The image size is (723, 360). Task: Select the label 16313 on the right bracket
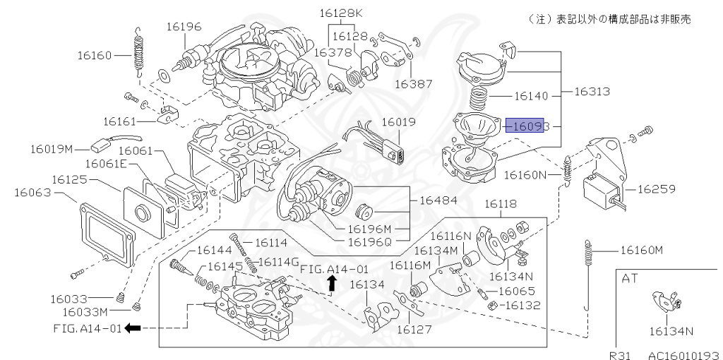click(x=592, y=92)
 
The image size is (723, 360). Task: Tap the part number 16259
click(x=657, y=189)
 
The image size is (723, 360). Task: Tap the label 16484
click(x=437, y=200)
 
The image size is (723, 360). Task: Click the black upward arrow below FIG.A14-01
click(x=332, y=284)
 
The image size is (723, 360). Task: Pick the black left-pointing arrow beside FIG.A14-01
click(x=133, y=328)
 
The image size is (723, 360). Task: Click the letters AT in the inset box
click(x=631, y=279)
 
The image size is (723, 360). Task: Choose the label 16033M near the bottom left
click(x=83, y=311)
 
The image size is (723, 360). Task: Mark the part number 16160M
click(x=642, y=250)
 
